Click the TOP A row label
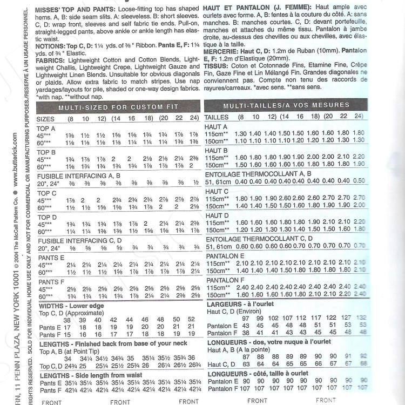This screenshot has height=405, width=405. (46, 128)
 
